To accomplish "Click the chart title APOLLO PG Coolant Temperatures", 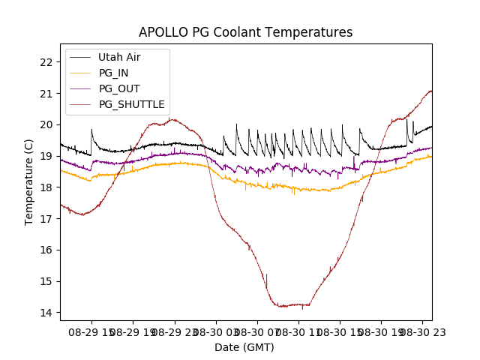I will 245,33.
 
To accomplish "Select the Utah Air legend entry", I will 119,57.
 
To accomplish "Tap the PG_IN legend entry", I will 113,73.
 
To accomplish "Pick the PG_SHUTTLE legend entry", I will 131,104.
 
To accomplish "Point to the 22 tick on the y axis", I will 46,62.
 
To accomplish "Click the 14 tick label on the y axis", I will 46,313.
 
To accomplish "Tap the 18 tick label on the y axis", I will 46,187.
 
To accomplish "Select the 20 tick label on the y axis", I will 46,124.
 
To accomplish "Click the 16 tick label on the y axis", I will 46,250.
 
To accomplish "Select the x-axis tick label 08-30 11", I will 298,331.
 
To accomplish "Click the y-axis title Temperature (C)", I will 29,182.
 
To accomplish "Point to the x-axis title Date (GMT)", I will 244,347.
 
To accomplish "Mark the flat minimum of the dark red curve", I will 292,305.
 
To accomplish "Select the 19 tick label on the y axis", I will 46,156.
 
